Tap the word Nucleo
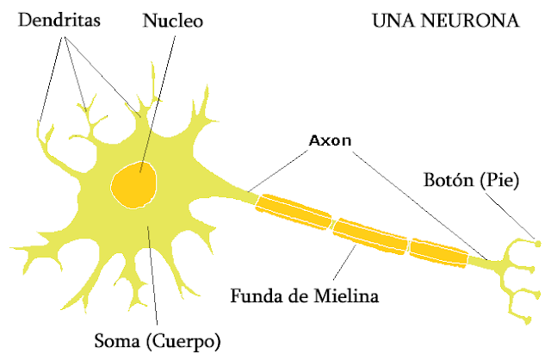[x=172, y=20]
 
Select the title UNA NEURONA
[x=446, y=19]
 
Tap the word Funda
[x=256, y=297]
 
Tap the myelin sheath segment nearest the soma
[x=294, y=210]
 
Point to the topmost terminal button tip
[x=537, y=242]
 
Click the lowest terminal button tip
[x=527, y=322]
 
